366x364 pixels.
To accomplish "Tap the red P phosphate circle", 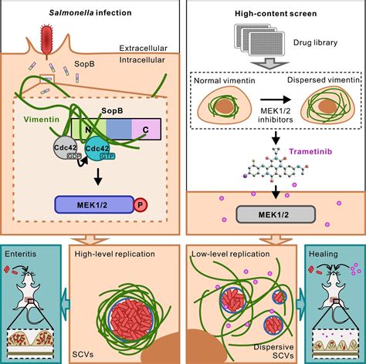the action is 141,205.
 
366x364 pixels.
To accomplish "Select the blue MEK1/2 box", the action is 94,204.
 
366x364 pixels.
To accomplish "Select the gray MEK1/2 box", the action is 276,214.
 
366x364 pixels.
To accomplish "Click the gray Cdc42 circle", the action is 66,149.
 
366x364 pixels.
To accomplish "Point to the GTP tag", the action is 107,157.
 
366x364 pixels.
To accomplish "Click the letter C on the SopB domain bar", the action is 146,130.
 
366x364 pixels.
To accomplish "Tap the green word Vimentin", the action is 42,120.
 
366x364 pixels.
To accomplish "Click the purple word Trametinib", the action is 310,151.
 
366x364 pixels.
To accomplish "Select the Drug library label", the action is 315,42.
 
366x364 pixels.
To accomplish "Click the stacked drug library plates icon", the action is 259,39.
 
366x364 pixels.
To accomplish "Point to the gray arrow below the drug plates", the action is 269,63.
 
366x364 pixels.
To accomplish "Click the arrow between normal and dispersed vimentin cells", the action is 275,100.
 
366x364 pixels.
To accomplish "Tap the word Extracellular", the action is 144,48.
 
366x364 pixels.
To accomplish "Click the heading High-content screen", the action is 276,13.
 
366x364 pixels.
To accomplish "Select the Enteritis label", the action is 21,254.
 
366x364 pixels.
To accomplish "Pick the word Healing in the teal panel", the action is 324,254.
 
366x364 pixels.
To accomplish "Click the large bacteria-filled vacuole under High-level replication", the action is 131,318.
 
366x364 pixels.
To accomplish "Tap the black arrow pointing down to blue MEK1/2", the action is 98,177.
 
